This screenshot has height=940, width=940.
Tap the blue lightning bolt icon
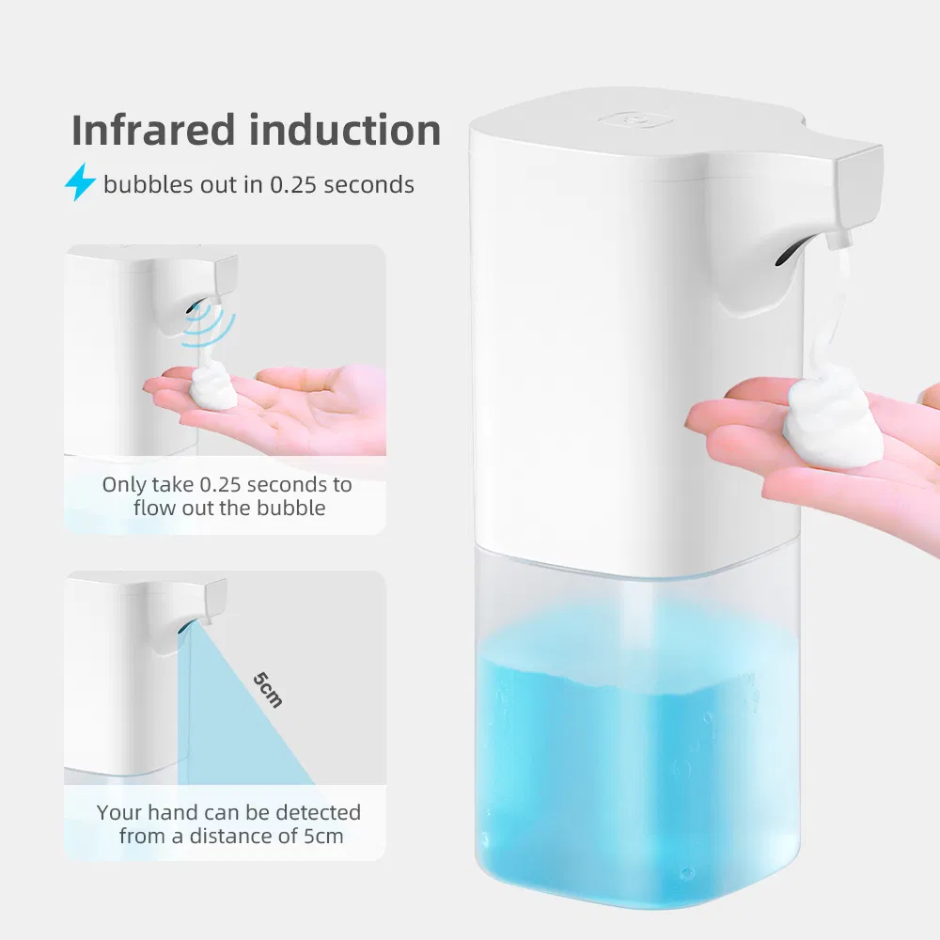(80, 183)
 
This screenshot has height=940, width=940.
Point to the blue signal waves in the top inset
(211, 325)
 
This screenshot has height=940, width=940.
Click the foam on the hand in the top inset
(214, 386)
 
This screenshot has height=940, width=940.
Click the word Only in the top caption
(124, 485)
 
